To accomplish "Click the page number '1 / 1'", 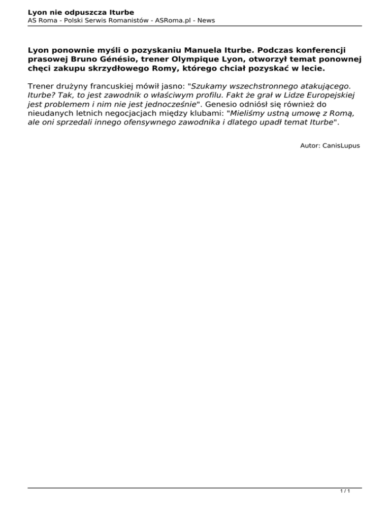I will point(345,492).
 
